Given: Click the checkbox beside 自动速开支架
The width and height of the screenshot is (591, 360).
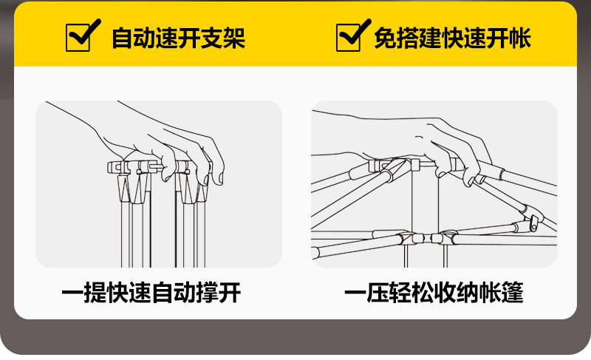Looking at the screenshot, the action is coord(79,37).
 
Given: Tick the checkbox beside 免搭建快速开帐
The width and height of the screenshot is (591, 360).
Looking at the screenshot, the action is coord(349,37).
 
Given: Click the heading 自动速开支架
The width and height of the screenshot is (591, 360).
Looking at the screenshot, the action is coord(177,38).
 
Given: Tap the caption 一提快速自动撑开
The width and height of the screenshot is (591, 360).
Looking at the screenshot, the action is coord(151,293).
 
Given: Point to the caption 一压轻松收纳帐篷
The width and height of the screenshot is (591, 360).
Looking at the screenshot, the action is coord(434,293).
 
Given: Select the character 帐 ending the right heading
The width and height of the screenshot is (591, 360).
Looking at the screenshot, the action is coord(520,38).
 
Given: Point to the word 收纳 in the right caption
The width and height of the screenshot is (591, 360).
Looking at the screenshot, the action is coord(457,293).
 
